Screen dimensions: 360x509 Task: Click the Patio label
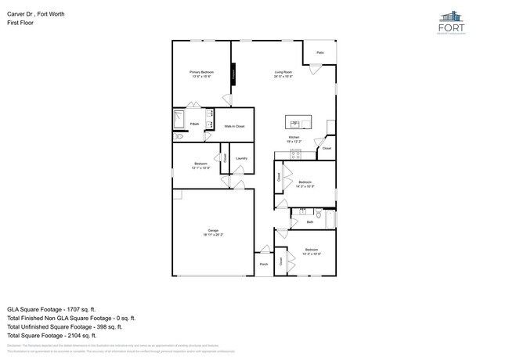click(320, 52)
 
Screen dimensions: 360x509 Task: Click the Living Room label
click(283, 74)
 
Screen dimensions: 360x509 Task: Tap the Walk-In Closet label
click(235, 126)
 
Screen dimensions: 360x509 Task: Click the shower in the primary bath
click(179, 121)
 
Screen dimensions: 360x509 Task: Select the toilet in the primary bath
click(179, 136)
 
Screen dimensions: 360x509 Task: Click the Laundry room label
click(242, 158)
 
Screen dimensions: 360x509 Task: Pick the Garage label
click(214, 232)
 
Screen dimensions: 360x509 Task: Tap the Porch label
click(263, 264)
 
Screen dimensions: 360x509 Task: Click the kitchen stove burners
click(295, 153)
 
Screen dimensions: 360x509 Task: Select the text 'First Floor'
click(19, 22)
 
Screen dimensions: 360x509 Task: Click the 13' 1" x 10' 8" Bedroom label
click(201, 165)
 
